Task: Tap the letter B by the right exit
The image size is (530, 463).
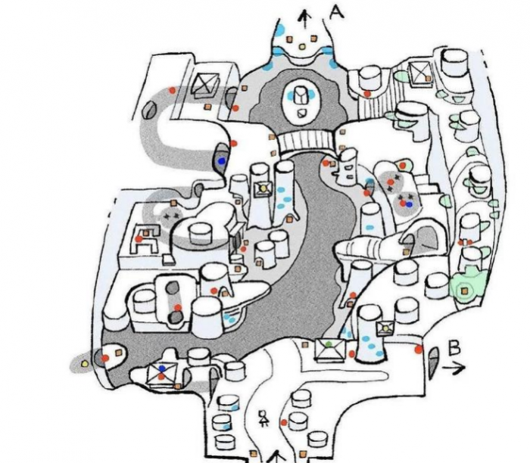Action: [x=454, y=348]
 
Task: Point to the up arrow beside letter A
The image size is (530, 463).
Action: [x=305, y=16]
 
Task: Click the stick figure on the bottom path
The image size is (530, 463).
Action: [x=264, y=418]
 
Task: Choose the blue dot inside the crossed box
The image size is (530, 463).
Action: [x=161, y=368]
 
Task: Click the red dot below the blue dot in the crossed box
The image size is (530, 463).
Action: [x=161, y=376]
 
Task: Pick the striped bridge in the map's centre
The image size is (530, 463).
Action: [x=306, y=141]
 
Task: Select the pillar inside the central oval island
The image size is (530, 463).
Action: [x=301, y=96]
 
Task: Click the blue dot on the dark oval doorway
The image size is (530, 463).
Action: [x=221, y=161]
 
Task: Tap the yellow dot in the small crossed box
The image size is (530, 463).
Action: [x=263, y=188]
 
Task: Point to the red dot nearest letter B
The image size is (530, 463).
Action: [x=417, y=350]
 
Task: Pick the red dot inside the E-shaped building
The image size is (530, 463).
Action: [x=139, y=239]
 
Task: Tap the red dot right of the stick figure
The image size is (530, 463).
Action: [x=283, y=422]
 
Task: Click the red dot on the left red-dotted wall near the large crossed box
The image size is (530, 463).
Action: [x=172, y=90]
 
